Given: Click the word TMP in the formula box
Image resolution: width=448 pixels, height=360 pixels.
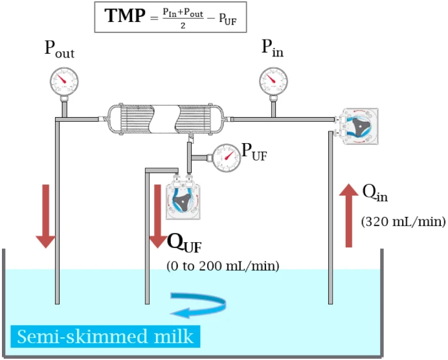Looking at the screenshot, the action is coord(125,16).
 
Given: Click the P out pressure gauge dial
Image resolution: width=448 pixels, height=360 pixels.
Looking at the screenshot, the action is coord(64,81).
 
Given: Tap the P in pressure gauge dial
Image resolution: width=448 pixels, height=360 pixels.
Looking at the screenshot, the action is coord(273,81).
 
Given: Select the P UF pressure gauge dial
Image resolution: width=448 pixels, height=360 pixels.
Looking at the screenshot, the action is coord(227,158).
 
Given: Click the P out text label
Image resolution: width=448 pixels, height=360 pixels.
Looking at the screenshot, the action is coord(60,49).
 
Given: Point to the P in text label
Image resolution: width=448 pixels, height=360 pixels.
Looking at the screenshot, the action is coord(273,48).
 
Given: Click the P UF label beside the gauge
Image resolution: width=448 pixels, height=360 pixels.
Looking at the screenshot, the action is coord(254,152).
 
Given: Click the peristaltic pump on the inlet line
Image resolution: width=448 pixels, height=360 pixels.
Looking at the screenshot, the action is coord(357,126).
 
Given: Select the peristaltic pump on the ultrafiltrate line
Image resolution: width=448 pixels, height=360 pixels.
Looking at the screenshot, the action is coord(183,197).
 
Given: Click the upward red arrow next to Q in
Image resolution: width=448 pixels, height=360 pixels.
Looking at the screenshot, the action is coord(348,216).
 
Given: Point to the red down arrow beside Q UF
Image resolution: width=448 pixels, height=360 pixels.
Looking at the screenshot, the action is coord(157,216).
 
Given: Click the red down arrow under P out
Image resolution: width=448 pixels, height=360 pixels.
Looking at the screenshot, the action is coord(46,216).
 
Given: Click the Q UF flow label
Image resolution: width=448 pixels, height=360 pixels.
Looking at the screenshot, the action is coord(185,243).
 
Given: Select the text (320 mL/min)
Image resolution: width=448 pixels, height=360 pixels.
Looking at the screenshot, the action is coord(403,221).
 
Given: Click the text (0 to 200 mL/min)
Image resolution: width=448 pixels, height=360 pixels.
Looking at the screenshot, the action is coord(223,266).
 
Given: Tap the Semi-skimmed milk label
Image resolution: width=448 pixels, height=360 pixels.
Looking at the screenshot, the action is coord(105,336).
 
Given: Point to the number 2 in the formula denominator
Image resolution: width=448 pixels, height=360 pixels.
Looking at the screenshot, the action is coord(183,26).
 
